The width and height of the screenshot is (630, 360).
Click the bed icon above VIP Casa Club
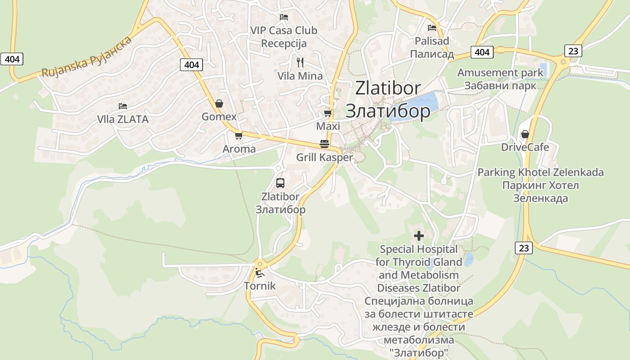(284, 17)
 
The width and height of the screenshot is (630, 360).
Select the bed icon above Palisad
(432, 28)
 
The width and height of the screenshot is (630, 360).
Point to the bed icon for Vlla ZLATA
(123, 106)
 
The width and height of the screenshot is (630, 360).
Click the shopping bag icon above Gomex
(219, 103)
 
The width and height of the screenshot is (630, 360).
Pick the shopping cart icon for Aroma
(238, 135)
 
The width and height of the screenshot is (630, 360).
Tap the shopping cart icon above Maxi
(328, 113)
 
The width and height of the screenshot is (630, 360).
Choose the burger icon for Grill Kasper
(324, 144)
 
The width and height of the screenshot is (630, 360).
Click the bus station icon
(280, 183)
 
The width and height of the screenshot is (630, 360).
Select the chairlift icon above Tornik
(260, 272)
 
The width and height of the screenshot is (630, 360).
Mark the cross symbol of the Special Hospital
(419, 235)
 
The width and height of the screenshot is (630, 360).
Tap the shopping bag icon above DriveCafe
(525, 134)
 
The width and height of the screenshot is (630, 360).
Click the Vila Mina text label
(300, 76)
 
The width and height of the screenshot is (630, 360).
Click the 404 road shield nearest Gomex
(191, 65)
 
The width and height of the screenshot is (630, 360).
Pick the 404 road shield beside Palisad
(482, 52)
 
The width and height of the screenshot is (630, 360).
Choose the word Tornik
(260, 286)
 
